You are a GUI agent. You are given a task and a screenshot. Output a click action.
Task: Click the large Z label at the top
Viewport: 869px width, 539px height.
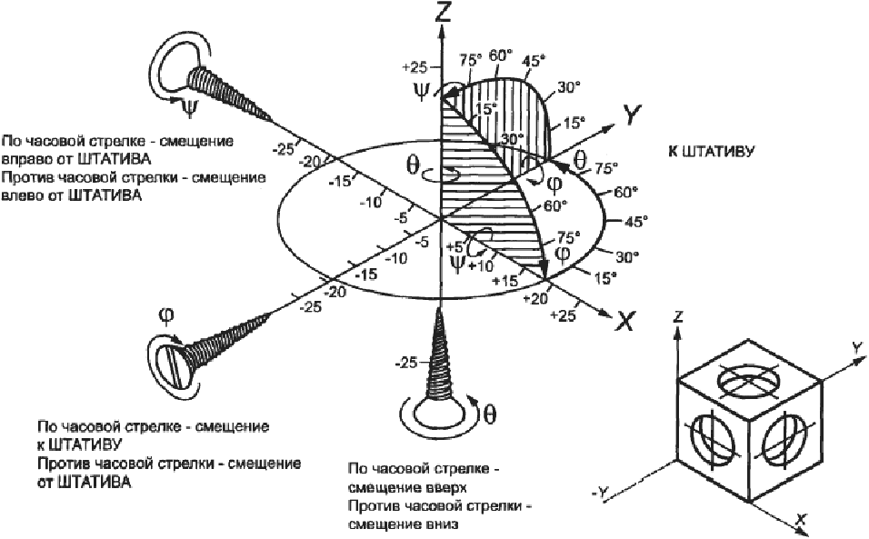click(x=443, y=11)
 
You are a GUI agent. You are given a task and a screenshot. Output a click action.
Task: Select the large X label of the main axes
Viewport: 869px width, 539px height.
click(x=625, y=321)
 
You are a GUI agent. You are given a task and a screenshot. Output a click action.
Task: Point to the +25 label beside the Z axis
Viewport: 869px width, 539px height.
click(x=415, y=67)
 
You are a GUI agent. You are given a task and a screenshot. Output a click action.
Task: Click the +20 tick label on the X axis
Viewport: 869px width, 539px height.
click(x=536, y=298)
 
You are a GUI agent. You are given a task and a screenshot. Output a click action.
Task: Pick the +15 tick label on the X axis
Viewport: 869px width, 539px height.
click(x=505, y=281)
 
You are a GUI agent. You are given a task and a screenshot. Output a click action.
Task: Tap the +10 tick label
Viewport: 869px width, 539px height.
click(x=481, y=266)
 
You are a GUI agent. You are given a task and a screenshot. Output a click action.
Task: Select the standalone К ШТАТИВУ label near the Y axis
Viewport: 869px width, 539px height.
click(x=711, y=151)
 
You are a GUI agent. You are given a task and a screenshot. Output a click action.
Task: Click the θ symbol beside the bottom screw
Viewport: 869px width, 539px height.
click(x=490, y=414)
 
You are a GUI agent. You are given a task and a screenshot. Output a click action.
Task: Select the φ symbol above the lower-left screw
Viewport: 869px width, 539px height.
click(x=166, y=315)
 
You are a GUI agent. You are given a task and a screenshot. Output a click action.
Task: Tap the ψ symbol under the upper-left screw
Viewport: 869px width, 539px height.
click(x=189, y=109)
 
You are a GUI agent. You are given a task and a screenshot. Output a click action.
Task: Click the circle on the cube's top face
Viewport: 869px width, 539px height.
click(x=748, y=380)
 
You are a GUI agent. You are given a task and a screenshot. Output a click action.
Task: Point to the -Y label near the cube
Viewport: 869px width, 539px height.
click(x=600, y=491)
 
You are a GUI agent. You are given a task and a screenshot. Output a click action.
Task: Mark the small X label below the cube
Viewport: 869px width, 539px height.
click(x=800, y=519)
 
